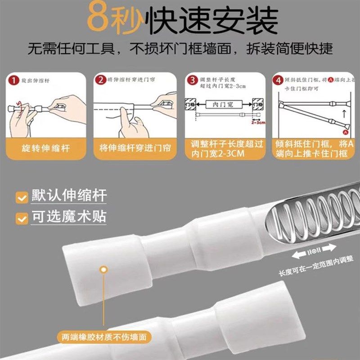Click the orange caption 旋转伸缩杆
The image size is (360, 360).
pyautogui.click(x=45, y=148)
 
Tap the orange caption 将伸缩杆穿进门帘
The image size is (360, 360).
pyautogui.click(x=135, y=148)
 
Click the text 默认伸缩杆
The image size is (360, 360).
pyautogui.click(x=69, y=197)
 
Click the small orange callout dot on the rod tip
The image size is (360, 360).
pyautogui.click(x=104, y=269)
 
